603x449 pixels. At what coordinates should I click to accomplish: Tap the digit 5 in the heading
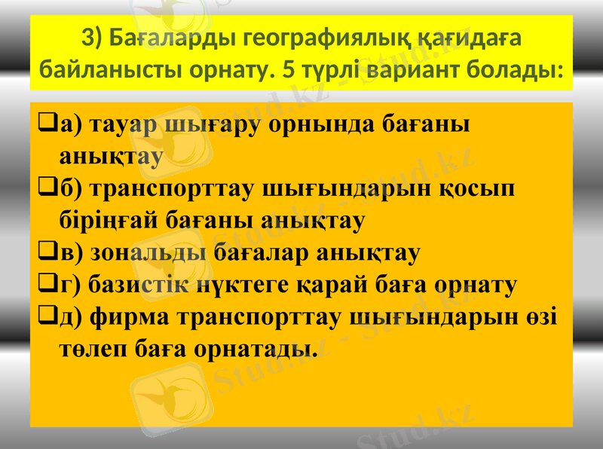[x=287, y=72]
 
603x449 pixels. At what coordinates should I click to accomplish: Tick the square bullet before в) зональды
[x=44, y=250]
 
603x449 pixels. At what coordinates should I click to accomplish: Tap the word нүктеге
[x=255, y=284]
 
